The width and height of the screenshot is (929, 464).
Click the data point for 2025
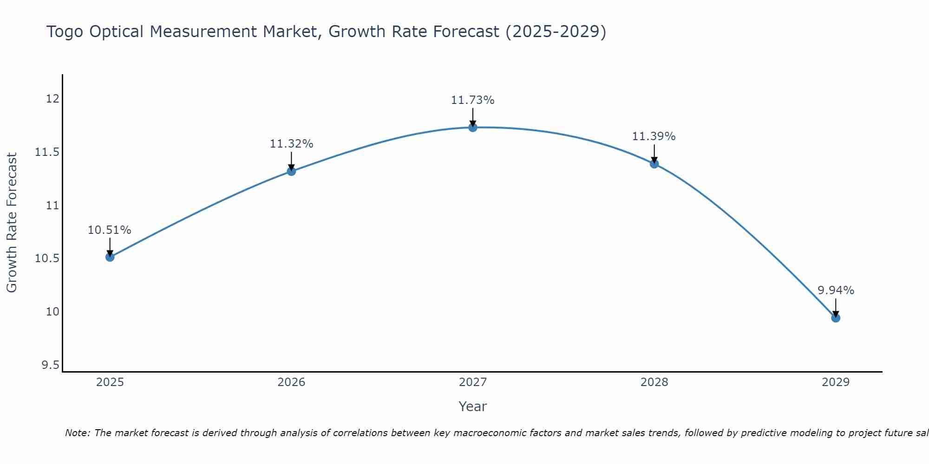(x=110, y=257)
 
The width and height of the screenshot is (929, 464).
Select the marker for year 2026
(x=291, y=171)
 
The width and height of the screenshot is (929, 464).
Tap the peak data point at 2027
(x=473, y=128)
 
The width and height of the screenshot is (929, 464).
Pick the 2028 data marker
(x=654, y=164)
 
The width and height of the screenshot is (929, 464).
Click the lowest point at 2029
(x=836, y=318)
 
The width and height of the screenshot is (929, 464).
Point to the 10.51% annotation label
(x=110, y=230)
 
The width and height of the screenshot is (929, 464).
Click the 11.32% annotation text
(x=291, y=144)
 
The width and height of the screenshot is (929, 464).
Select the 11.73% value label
(x=473, y=100)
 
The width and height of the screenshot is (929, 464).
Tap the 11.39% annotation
(x=654, y=136)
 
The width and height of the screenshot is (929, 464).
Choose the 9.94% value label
(x=836, y=290)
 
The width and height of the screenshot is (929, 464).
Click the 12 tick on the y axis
(x=52, y=99)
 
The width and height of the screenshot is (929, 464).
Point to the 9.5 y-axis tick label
(x=50, y=365)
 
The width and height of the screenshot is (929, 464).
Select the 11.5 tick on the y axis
(x=47, y=152)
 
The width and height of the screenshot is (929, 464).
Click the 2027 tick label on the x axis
(x=473, y=382)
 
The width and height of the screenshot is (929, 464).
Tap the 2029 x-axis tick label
(x=836, y=382)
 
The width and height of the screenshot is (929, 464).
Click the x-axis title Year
(x=473, y=406)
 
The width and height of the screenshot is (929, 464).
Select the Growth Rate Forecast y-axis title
(x=12, y=223)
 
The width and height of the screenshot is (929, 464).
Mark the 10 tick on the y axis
(x=52, y=312)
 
